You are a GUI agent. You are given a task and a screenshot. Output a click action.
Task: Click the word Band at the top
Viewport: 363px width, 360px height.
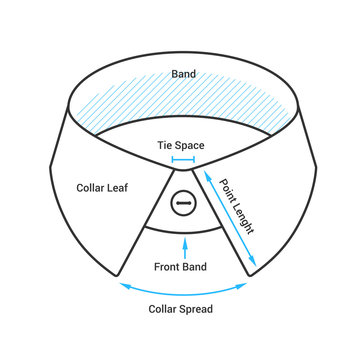[x=184, y=73]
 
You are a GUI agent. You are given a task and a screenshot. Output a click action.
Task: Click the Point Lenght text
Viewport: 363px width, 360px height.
[x=237, y=205]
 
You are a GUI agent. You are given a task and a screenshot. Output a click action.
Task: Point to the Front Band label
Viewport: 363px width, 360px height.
[x=181, y=267]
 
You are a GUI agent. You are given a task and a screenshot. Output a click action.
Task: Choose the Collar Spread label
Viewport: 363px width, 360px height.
[x=180, y=309]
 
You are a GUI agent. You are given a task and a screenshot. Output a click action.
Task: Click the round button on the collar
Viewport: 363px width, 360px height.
[x=182, y=203]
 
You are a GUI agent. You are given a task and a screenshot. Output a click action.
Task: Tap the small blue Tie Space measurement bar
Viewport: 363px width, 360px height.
[x=183, y=159]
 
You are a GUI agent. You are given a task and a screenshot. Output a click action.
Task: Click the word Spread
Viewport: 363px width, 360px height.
[x=195, y=309]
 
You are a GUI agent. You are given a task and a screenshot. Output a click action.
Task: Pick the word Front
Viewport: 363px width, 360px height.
[x=167, y=267]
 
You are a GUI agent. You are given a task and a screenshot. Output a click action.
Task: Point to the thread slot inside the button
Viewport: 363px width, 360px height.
[x=182, y=203]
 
